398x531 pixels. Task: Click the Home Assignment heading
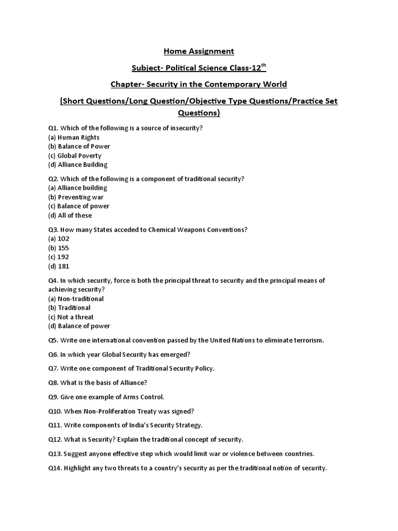199,51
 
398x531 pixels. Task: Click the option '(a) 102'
59,239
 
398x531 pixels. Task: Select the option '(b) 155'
59,248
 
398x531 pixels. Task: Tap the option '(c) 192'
59,257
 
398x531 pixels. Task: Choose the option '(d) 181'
59,266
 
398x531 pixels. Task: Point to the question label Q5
53,340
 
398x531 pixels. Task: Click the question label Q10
55,411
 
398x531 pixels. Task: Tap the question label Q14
55,468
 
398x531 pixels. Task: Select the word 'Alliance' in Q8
132,383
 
